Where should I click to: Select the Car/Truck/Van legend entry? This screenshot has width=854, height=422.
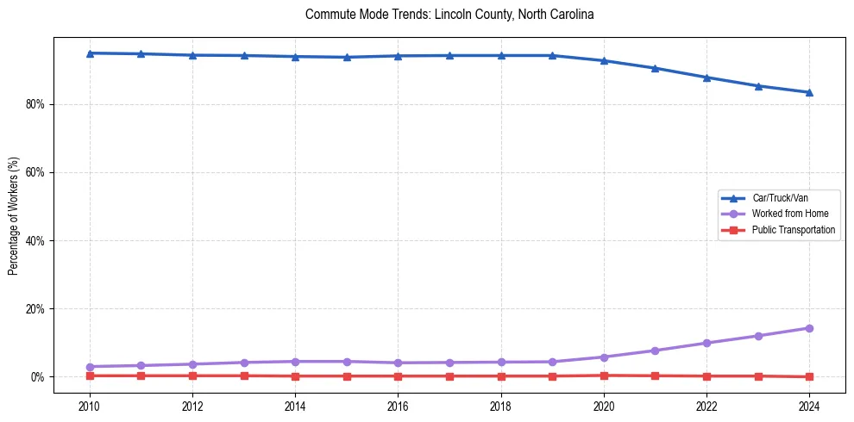(780, 198)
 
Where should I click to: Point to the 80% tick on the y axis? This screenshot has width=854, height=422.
(37, 104)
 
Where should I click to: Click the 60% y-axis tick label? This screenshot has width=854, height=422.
(37, 172)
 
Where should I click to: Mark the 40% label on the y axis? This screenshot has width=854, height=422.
(37, 240)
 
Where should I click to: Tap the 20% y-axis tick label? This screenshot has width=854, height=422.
(37, 308)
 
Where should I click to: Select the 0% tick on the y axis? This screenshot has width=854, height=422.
(40, 377)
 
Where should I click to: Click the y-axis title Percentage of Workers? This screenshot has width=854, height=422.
(14, 215)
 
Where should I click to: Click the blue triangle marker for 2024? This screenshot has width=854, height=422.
(809, 92)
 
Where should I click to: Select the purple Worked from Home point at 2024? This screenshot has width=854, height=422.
(809, 328)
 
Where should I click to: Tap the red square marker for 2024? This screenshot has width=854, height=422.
(809, 376)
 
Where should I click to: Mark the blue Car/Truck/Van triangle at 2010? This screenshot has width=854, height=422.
(90, 53)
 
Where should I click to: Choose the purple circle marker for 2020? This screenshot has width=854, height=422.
(604, 357)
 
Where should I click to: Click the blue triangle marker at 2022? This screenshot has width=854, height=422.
(706, 78)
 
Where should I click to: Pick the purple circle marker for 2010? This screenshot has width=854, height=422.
(90, 367)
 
